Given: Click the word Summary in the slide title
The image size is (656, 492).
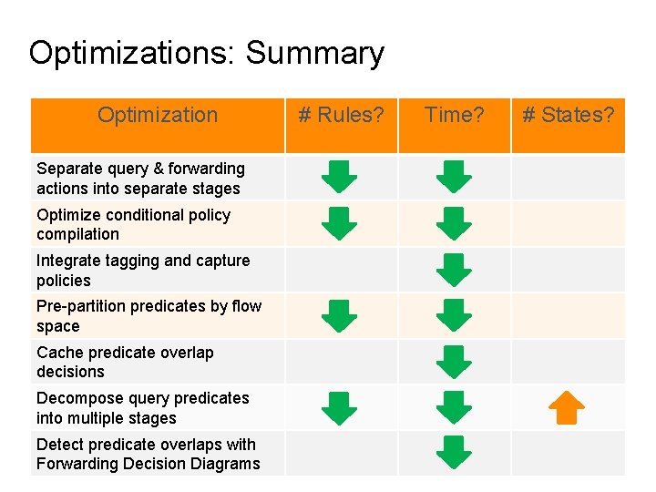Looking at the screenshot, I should tap(314, 53).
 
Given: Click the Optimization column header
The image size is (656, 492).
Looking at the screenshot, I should tap(158, 115).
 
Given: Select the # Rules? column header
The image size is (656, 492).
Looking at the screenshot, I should tap(341, 115).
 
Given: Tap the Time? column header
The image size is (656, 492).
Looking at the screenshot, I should tap(454, 115).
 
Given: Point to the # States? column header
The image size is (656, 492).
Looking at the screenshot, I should tap(568, 115).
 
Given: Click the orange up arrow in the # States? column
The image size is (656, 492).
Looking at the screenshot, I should tap(568, 407).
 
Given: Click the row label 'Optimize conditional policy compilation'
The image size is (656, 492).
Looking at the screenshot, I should tap(133, 224).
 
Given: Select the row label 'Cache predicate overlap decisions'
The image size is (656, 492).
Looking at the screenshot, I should tap(125, 362).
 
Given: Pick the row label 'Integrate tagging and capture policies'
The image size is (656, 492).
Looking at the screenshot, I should tap(143, 271).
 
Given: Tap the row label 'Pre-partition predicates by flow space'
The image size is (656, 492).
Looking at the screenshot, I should tap(149, 316).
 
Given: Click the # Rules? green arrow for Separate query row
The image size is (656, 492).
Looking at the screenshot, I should tap(340, 177).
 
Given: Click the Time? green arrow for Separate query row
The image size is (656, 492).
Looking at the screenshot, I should tap(454, 177).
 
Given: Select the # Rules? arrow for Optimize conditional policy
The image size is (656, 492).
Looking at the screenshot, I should tap(340, 223).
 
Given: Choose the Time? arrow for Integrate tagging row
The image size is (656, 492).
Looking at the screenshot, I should tap(454, 270).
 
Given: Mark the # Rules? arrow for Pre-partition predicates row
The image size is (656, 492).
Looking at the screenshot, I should tap(340, 315).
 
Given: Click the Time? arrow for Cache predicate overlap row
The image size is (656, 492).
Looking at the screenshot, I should tap(454, 362).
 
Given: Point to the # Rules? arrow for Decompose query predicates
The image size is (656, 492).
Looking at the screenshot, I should tap(340, 407).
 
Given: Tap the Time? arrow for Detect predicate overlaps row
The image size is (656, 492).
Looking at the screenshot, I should tap(454, 453).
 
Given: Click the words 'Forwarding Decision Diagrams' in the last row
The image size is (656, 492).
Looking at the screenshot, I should tap(148, 464).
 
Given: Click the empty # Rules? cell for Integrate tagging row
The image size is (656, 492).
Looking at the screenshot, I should tap(341, 270).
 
